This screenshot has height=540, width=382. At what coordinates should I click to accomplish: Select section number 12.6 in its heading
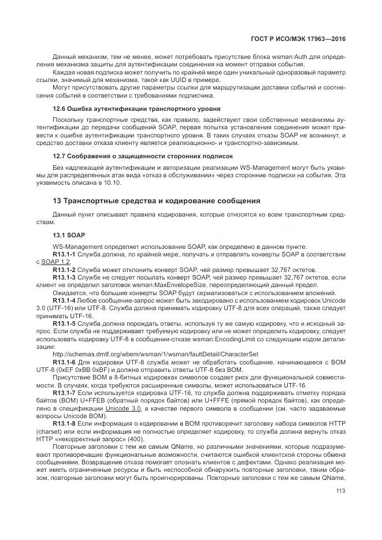60,109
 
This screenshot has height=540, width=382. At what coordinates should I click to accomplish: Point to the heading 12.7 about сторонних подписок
142,156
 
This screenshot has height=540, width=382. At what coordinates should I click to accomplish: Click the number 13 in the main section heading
57,200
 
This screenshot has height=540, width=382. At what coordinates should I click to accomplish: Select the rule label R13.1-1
65,254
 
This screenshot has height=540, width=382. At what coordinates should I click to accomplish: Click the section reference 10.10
113,182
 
